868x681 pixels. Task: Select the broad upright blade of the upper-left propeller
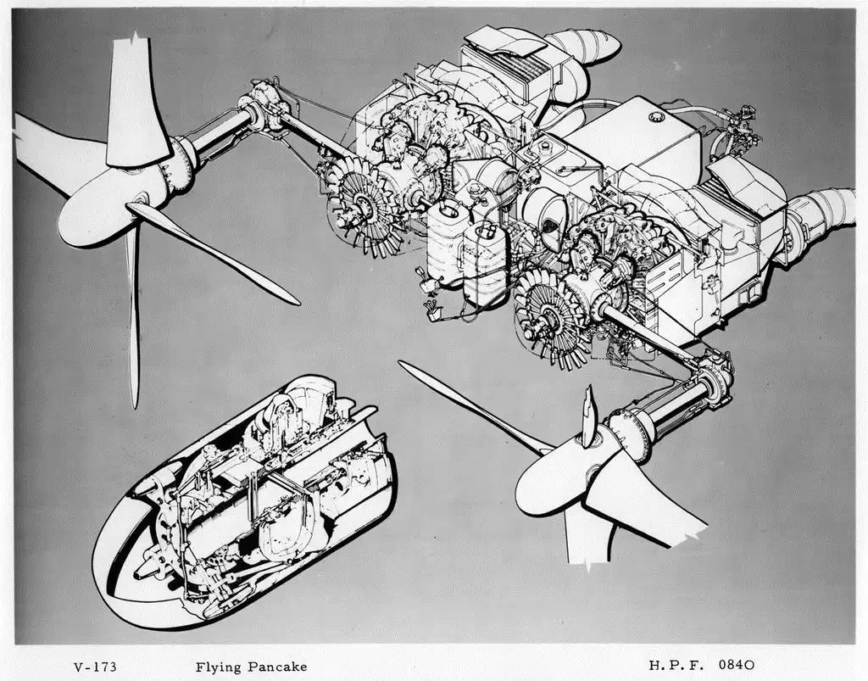tap(134, 102)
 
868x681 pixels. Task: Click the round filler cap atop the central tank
tap(657, 114)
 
